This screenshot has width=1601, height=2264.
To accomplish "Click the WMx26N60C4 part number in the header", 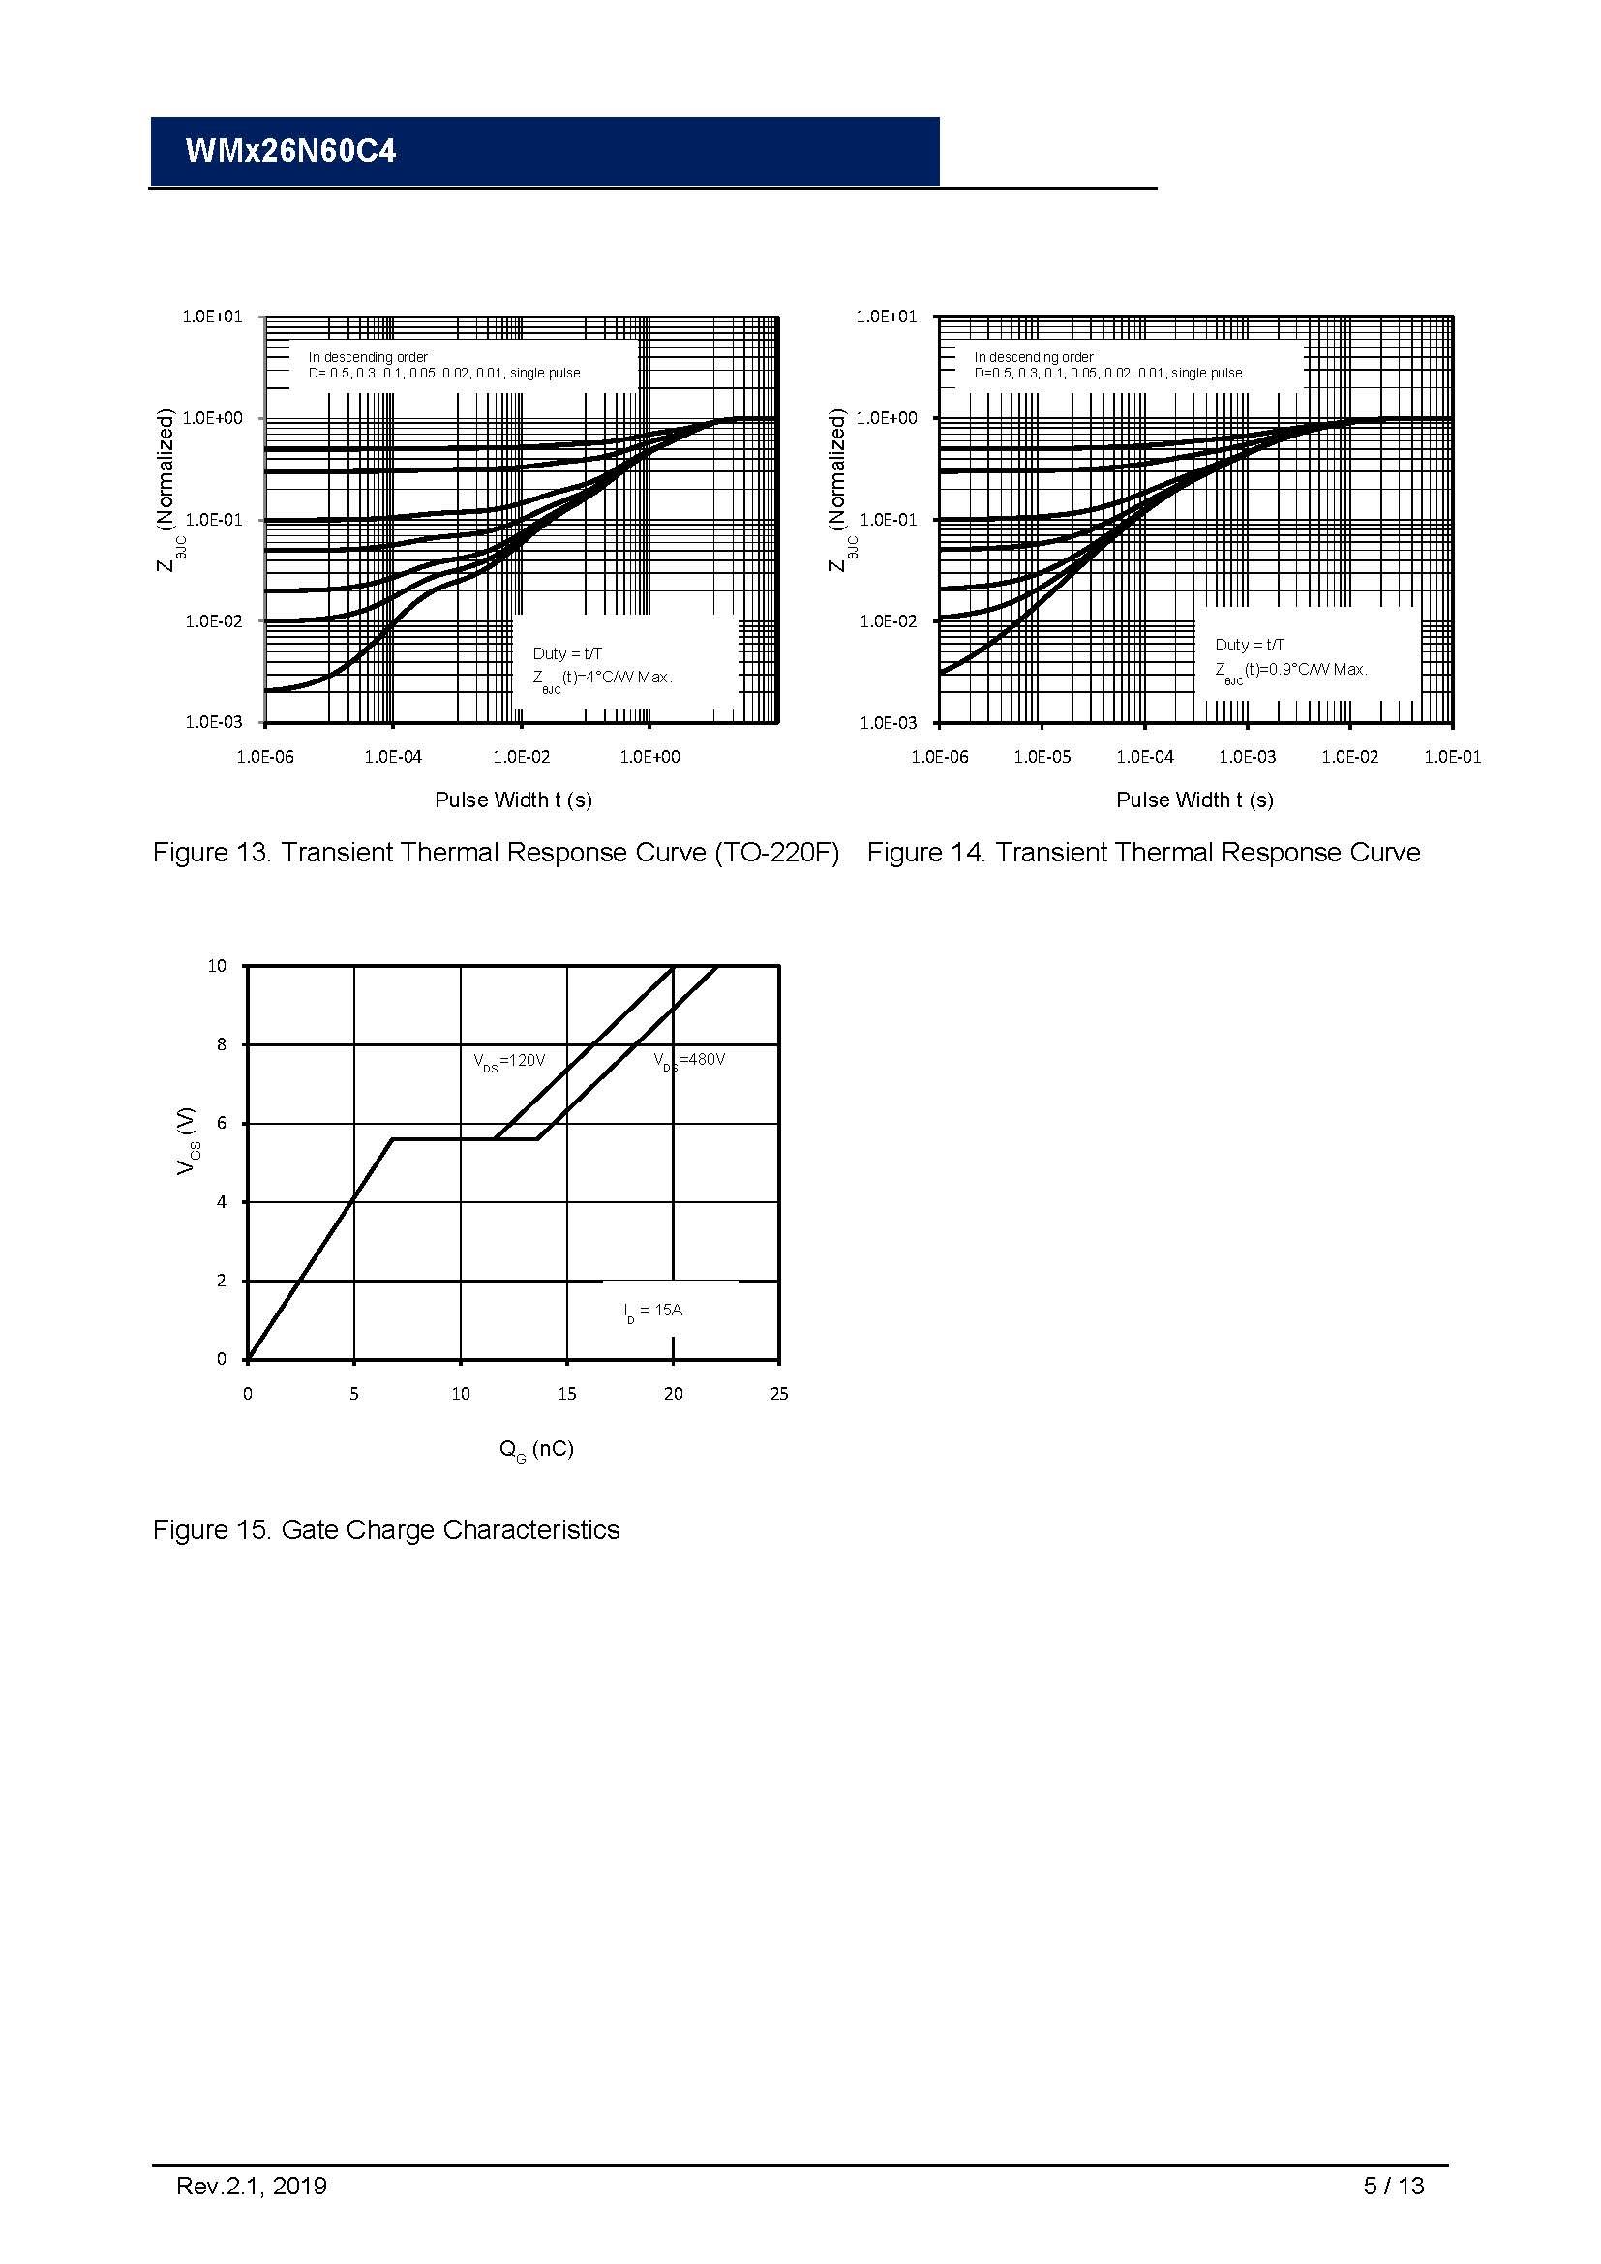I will click(x=290, y=151).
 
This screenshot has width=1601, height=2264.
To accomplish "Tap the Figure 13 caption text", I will click(x=495, y=853).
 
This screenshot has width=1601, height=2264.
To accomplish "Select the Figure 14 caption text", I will click(x=1142, y=853).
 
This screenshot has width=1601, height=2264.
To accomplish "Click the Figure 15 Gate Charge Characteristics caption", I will click(x=385, y=1530).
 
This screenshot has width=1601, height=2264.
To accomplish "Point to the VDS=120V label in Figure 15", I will click(x=509, y=1061).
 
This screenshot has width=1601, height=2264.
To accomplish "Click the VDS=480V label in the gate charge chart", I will click(x=689, y=1060).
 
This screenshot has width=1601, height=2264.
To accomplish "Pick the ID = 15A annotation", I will click(x=652, y=1311).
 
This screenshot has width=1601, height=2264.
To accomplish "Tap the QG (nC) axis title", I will click(x=535, y=1450).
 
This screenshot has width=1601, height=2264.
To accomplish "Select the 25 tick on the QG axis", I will click(x=779, y=1394).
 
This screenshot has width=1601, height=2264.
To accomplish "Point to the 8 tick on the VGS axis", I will click(x=222, y=1044).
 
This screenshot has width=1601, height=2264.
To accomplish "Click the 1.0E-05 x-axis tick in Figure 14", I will click(x=1042, y=757).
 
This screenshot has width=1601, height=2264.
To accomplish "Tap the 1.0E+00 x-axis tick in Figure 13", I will click(x=649, y=757).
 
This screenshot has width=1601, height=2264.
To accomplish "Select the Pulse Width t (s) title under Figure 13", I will click(x=513, y=800).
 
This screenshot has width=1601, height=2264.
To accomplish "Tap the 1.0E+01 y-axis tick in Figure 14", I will click(x=887, y=317).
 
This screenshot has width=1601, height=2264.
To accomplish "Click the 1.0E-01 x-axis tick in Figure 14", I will click(x=1451, y=757).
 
